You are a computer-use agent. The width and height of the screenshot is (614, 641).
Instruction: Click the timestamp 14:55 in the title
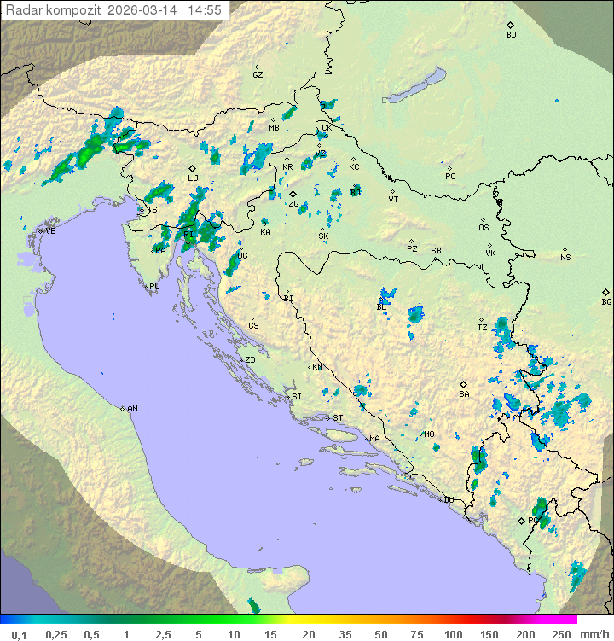[206, 10]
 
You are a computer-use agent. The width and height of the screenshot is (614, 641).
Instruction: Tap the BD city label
[511, 35]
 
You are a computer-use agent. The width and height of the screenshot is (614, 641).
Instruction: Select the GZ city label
[258, 75]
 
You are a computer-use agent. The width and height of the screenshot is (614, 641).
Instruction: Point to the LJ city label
[193, 178]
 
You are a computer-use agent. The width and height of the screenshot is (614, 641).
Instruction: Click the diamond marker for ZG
[293, 195]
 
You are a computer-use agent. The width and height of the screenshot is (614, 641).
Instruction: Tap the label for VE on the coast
[50, 231]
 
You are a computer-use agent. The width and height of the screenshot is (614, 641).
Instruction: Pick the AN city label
[132, 409]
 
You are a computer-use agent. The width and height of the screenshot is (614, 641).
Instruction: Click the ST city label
[338, 418]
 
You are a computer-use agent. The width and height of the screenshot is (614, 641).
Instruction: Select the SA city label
[464, 394]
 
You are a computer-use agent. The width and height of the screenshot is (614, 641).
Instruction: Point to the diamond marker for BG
[606, 292]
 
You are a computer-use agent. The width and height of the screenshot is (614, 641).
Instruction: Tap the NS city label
[565, 258]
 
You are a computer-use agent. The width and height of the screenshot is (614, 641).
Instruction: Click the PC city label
[450, 177]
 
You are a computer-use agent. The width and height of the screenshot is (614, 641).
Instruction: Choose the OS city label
[484, 228]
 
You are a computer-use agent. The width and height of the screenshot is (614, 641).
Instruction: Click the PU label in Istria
[154, 288]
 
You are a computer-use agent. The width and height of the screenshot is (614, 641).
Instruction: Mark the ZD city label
[250, 360]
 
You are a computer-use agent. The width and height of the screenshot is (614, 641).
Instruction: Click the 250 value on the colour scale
[560, 634]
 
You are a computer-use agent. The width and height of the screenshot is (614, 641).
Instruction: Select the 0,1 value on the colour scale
[19, 634]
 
